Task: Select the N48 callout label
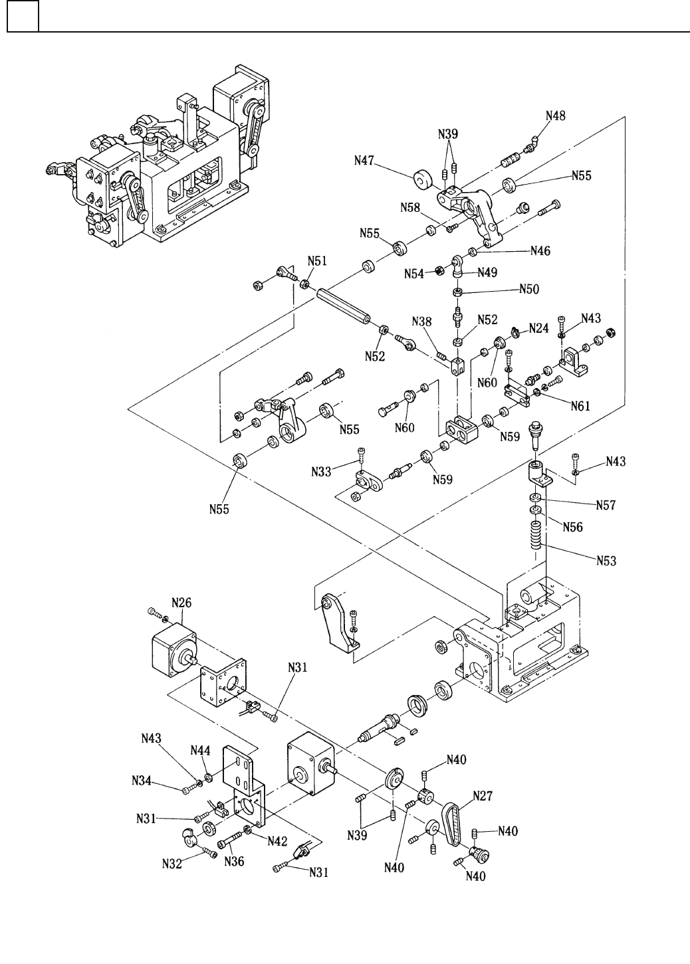coord(556,116)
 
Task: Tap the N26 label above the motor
coord(181,603)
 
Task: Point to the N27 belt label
coord(483,795)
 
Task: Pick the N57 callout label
coord(605,506)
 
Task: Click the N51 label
coord(316,261)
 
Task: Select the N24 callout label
coord(538,328)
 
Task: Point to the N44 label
coord(201,750)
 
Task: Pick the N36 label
coord(235,862)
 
